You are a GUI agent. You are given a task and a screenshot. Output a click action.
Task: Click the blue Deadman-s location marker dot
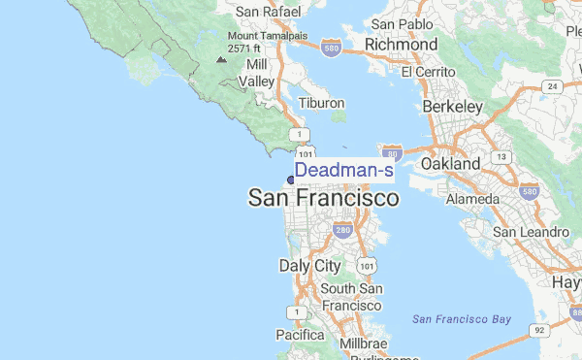290,180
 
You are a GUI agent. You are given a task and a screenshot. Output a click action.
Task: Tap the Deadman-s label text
343,171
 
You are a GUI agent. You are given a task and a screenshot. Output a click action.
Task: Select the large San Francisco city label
323,199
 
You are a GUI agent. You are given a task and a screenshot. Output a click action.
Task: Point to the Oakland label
450,164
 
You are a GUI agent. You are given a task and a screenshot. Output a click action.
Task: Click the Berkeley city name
452,106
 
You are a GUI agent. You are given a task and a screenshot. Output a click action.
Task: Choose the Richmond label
400,45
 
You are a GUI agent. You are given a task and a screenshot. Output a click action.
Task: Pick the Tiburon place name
322,103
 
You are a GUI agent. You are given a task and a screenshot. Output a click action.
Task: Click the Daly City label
309,265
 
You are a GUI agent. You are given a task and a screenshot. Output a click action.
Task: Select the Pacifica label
299,335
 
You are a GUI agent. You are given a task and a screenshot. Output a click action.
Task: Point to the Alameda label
472,199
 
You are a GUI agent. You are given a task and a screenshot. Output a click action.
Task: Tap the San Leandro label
531,233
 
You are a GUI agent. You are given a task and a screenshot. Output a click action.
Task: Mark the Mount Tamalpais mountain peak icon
222,60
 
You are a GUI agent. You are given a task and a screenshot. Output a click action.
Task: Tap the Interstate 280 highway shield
341,231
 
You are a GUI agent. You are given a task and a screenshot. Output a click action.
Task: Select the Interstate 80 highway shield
392,153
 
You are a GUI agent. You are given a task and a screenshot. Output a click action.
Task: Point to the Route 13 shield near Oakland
501,156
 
